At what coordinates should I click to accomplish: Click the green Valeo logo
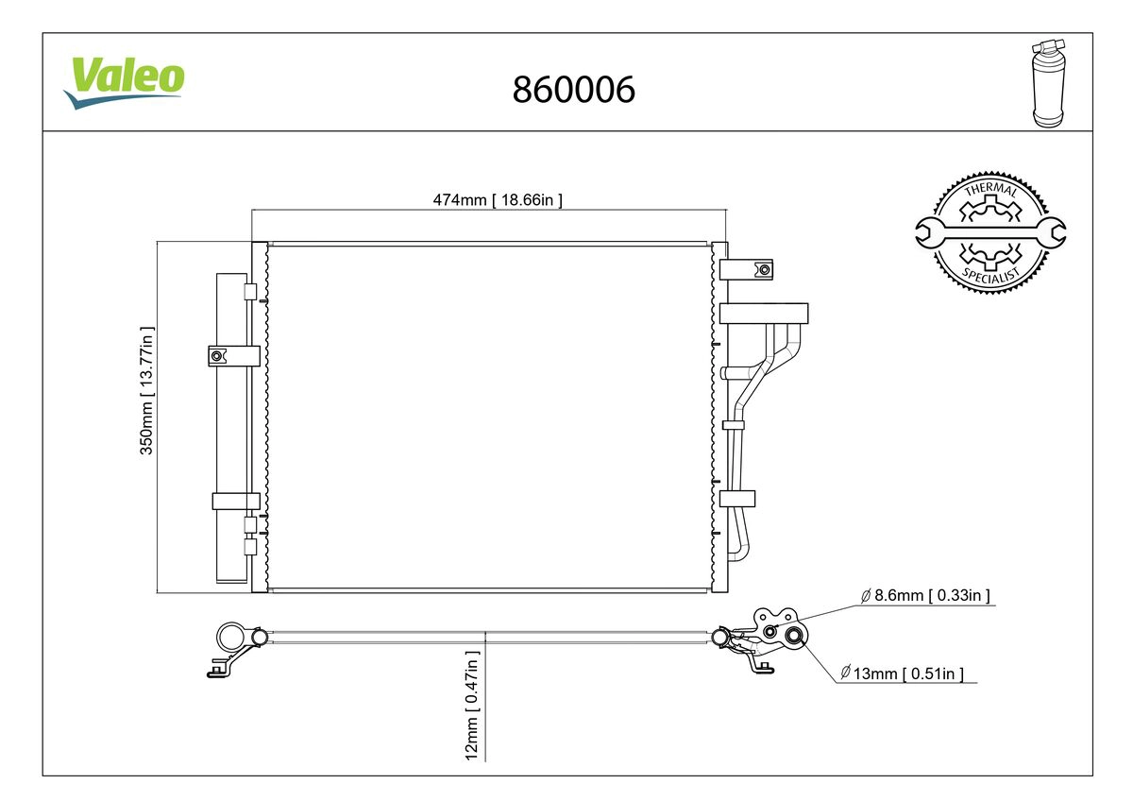(125, 82)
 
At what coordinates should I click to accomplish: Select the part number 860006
(574, 90)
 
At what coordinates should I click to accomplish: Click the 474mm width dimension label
(498, 200)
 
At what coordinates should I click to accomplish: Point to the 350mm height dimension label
(146, 391)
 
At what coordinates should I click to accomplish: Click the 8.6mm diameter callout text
(925, 595)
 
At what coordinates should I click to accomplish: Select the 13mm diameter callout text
(902, 673)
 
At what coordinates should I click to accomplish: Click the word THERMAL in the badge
(990, 189)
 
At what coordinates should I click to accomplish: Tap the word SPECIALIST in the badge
(990, 276)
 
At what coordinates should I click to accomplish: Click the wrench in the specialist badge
(990, 233)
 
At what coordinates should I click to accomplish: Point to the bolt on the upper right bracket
(765, 270)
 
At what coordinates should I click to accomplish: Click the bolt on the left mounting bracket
(216, 356)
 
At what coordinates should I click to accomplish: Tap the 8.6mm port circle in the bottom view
(770, 632)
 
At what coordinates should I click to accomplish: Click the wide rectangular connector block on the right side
(764, 314)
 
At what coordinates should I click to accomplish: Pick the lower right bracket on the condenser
(737, 499)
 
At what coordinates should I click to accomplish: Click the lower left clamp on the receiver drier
(236, 501)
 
